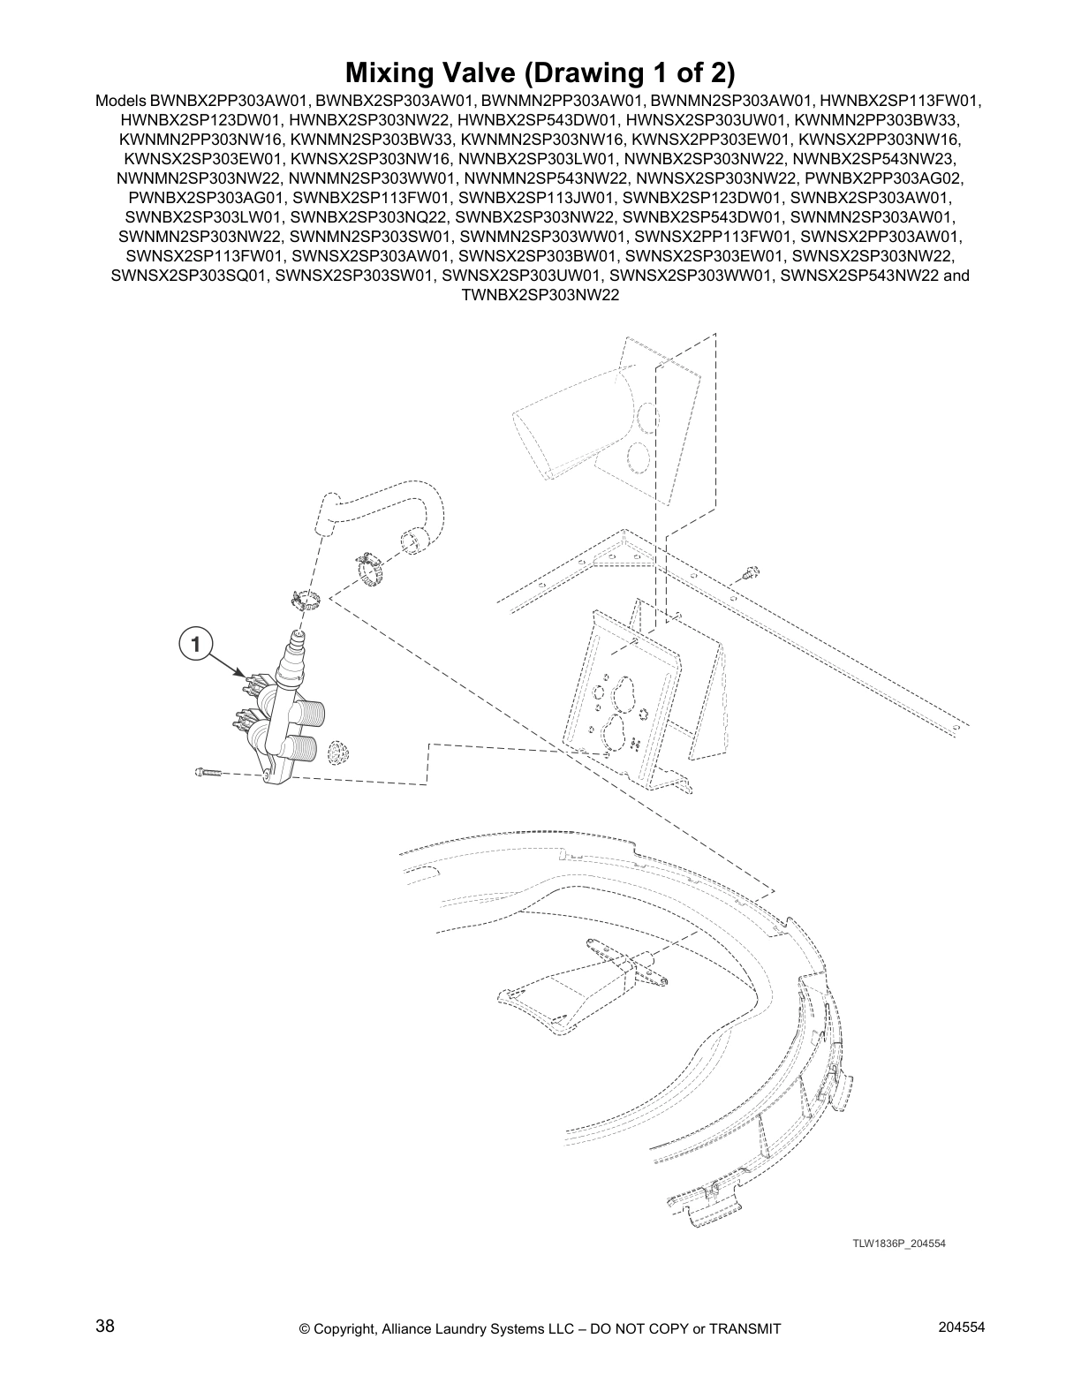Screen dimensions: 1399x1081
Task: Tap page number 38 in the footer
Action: tap(105, 1326)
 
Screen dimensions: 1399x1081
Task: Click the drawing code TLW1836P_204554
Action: tap(898, 1244)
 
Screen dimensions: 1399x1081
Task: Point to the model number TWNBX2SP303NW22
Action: tap(540, 295)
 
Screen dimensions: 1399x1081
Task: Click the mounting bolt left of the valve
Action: tap(204, 773)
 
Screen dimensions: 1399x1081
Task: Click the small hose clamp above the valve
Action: tap(305, 601)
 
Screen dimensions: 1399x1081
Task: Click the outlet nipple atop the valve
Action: tap(298, 639)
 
